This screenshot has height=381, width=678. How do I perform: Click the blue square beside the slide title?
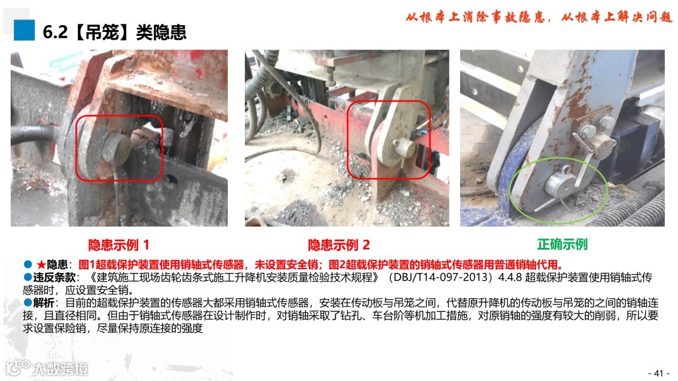(24, 30)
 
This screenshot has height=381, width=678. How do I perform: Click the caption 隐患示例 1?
(119, 245)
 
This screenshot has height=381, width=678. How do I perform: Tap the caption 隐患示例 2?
(338, 245)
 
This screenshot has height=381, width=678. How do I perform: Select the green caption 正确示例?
(562, 244)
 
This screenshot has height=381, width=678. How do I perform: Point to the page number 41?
(659, 373)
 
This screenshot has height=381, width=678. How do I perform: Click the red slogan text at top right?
(539, 17)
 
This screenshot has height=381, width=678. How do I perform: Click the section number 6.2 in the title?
(55, 32)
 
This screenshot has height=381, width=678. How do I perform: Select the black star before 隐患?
(41, 264)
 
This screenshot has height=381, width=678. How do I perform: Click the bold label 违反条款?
(55, 277)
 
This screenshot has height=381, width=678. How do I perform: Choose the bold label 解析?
(44, 303)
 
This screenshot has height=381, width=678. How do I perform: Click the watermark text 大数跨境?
(60, 369)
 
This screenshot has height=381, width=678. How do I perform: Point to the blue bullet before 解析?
(28, 303)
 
